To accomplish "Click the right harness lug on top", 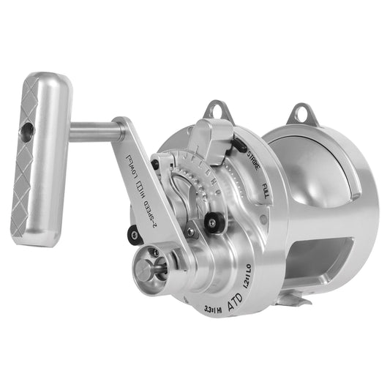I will click(x=301, y=114).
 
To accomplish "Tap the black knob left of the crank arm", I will click(x=133, y=234).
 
